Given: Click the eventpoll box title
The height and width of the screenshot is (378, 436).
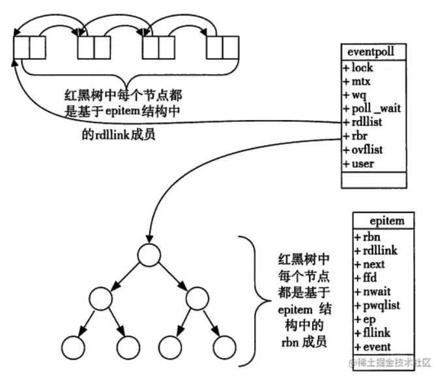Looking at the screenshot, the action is click(371, 51).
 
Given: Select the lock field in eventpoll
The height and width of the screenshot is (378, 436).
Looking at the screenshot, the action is click(358, 68).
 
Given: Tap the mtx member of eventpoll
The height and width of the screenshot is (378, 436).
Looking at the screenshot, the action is click(356, 81).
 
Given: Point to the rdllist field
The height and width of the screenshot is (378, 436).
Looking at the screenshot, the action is click(362, 122).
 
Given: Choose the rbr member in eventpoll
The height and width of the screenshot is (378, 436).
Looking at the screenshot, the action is click(355, 136).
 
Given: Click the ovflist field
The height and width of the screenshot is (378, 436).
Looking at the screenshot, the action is click(363, 150).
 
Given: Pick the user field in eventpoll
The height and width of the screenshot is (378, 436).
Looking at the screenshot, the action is click(358, 164).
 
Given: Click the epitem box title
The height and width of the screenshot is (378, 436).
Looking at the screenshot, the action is click(386, 221).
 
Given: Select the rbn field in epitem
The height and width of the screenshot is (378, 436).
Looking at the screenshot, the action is click(368, 237).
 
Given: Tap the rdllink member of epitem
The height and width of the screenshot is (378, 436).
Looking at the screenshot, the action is click(375, 251).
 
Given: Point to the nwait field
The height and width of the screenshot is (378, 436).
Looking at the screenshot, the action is click(373, 292).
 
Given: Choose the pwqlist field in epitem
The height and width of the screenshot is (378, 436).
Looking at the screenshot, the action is click(377, 306).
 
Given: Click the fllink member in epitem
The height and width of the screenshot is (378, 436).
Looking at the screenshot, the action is click(372, 332).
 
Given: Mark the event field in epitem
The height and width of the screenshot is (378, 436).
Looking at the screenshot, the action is click(373, 347).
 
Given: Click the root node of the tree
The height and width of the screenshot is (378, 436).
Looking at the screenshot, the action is click(149, 255).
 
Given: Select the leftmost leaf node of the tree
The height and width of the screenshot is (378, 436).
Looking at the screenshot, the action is click(73, 347).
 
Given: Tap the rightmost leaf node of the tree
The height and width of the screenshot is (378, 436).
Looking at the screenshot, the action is click(224, 347).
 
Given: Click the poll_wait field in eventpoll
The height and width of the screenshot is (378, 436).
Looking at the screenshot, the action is click(372, 108).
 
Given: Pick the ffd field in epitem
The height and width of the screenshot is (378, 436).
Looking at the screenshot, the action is click(366, 278).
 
